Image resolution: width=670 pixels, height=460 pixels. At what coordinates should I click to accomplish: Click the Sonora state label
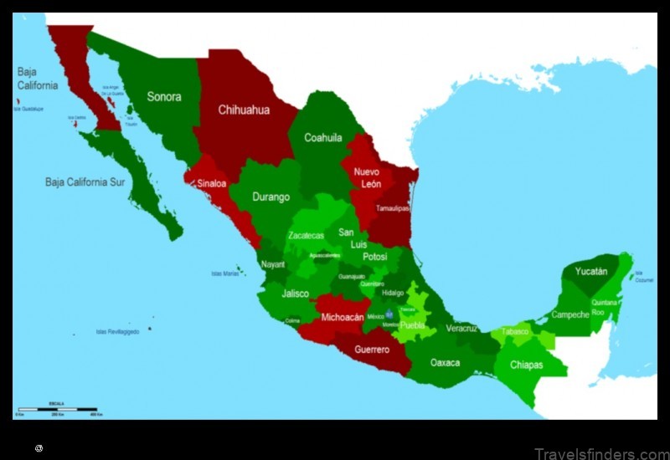[164, 97]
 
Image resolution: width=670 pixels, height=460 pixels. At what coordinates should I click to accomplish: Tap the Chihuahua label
[244, 110]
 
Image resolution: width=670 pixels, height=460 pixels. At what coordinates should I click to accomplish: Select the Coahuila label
[323, 138]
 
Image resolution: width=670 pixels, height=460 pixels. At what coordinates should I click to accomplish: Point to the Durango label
[271, 197]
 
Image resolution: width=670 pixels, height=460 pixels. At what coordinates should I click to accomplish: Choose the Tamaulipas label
[391, 208]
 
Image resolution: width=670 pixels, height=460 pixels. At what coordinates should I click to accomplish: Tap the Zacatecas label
[306, 236]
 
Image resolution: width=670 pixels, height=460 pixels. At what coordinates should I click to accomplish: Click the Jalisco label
[295, 294]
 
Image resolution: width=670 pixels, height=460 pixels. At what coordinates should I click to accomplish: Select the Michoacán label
[343, 318]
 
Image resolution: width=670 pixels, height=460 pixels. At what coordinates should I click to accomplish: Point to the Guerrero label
[372, 350]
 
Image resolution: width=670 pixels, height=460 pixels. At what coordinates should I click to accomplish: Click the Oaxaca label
[445, 362]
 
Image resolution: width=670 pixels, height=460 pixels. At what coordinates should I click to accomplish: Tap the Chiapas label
[527, 365]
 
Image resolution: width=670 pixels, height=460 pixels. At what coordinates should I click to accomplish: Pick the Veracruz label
[461, 328]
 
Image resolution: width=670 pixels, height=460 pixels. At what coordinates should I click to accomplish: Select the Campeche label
[569, 315]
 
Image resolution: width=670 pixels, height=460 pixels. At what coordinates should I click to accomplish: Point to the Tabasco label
[515, 332]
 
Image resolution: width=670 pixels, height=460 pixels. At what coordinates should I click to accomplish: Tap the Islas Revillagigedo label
[117, 331]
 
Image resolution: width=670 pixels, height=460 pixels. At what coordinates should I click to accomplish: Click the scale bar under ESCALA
[58, 409]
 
